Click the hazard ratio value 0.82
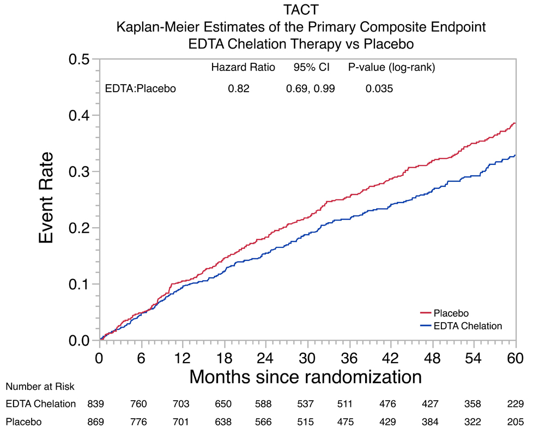[239, 88]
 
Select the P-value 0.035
[379, 88]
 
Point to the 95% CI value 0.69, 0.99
[311, 88]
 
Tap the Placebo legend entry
[451, 313]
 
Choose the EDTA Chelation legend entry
[467, 326]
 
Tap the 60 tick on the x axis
[516, 358]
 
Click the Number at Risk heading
[40, 386]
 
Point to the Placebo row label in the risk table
[23, 422]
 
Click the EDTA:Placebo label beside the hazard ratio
[140, 88]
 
